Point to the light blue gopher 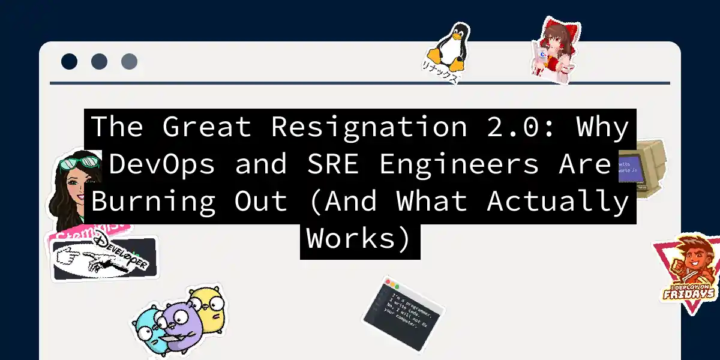coord(148,327)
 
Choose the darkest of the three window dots coord(70,61)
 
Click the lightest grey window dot coord(130,61)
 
